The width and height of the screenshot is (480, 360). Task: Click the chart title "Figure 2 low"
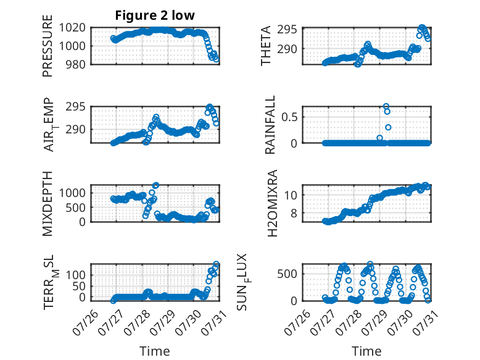tap(155, 15)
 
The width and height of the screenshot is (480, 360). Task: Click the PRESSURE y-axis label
tap(48, 46)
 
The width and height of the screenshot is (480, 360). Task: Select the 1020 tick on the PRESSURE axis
tap(72, 28)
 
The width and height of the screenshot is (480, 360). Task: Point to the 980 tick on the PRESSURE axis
tap(76, 64)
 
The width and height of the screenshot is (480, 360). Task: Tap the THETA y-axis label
tap(266, 46)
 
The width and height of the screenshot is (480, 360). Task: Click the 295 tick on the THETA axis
tap(287, 30)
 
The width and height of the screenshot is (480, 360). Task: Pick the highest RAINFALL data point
tap(386, 106)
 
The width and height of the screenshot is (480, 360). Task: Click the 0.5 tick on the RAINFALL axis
tap(289, 117)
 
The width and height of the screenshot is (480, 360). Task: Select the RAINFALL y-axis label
tap(270, 125)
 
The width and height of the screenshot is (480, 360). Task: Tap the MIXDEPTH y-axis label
tap(48, 204)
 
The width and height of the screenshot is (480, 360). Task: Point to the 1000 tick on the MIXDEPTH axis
tap(72, 193)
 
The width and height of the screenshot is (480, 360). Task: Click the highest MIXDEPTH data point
tap(156, 185)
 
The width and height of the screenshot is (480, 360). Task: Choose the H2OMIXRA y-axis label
tap(272, 203)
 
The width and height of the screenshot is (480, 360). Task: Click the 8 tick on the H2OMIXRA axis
tap(294, 213)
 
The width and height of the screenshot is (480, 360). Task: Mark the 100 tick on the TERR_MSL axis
tap(76, 275)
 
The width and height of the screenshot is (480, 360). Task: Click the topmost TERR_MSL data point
tap(216, 264)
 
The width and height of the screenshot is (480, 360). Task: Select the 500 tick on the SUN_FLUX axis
tap(287, 274)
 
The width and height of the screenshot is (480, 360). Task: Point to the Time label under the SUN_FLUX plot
tap(366, 351)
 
